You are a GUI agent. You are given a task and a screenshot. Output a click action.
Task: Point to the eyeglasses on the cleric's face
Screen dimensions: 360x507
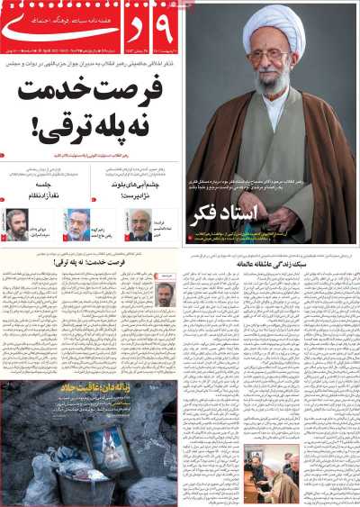(269, 56)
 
